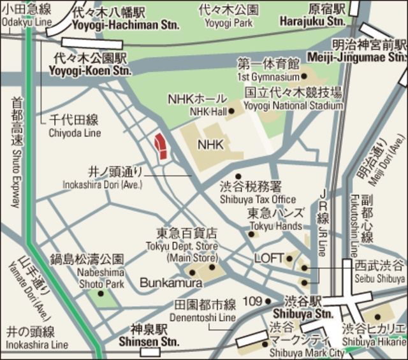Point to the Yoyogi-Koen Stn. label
click(90, 69)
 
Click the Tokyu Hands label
click(275, 226)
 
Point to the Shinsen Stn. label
click(149, 342)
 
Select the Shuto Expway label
click(16, 153)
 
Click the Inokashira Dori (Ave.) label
click(103, 185)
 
